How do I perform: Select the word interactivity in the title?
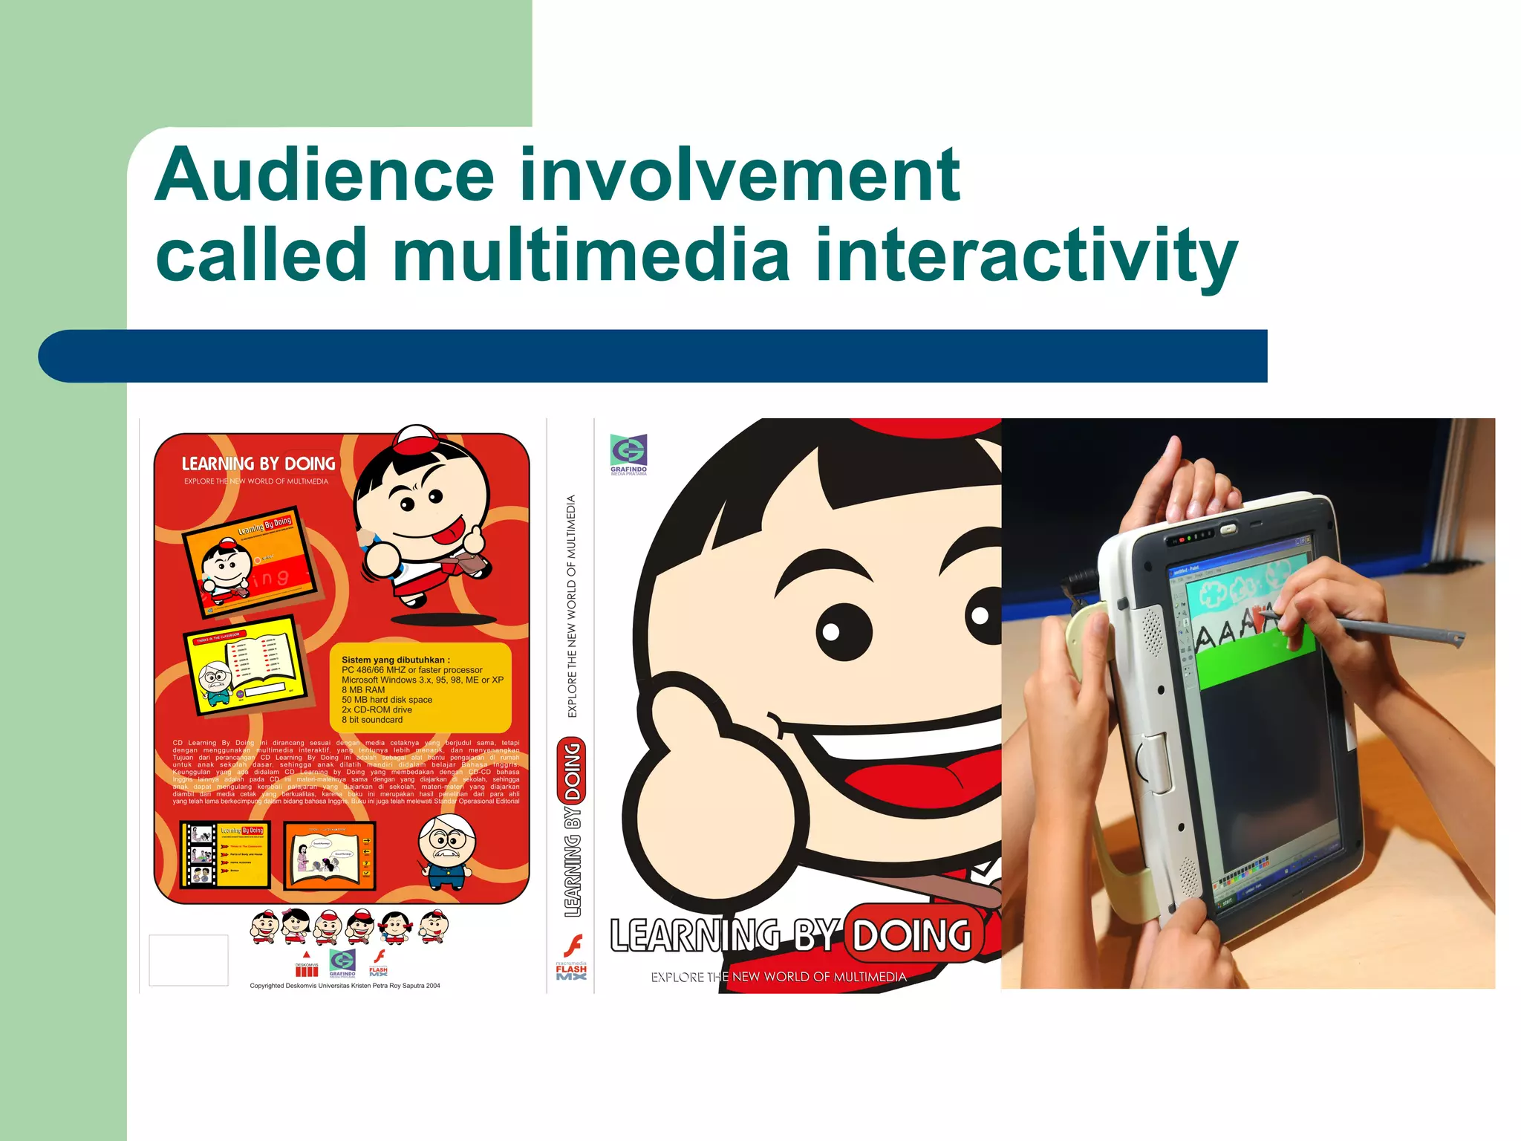[x=1026, y=256]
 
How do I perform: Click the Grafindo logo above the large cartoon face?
[x=628, y=452]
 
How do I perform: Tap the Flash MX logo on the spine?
[x=571, y=959]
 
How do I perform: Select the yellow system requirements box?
[x=421, y=689]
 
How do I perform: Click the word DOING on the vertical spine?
[x=573, y=771]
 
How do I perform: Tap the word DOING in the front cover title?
[x=911, y=935]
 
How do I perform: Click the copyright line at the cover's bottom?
[x=345, y=986]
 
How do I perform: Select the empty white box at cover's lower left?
[x=189, y=960]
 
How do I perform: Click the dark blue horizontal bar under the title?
[x=652, y=356]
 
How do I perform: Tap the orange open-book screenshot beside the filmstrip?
[x=330, y=855]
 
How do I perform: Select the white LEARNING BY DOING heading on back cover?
[x=258, y=464]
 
